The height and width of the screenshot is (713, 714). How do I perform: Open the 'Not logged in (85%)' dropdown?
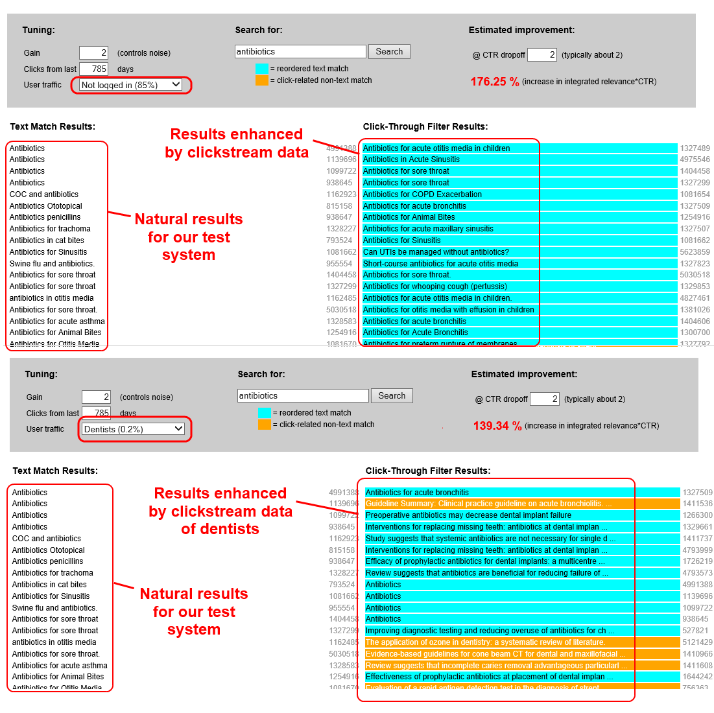pyautogui.click(x=130, y=85)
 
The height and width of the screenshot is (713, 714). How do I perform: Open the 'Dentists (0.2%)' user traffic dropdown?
pyautogui.click(x=134, y=429)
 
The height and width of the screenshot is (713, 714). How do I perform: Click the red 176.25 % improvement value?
pyautogui.click(x=495, y=82)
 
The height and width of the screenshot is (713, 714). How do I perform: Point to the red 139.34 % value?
pyautogui.click(x=497, y=426)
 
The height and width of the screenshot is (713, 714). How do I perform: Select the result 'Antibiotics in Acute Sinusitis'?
pyautogui.click(x=411, y=159)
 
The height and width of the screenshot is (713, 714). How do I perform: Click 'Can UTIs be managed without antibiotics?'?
pyautogui.click(x=436, y=252)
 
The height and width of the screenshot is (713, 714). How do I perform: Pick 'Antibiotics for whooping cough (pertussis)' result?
pyautogui.click(x=434, y=286)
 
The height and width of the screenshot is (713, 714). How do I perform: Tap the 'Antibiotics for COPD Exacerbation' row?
pyautogui.click(x=422, y=194)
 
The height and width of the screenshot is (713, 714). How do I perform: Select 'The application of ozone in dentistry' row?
pyautogui.click(x=485, y=642)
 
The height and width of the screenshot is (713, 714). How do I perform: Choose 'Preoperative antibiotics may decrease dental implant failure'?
pyautogui.click(x=468, y=515)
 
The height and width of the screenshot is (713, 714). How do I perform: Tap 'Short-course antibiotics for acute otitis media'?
pyautogui.click(x=440, y=264)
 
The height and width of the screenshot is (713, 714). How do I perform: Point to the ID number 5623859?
pyautogui.click(x=695, y=252)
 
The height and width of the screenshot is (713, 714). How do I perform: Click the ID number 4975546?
pyautogui.click(x=695, y=159)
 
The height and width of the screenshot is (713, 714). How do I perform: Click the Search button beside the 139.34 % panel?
pyautogui.click(x=392, y=395)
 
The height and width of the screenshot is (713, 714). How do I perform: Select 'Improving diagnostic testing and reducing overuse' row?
pyautogui.click(x=486, y=631)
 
